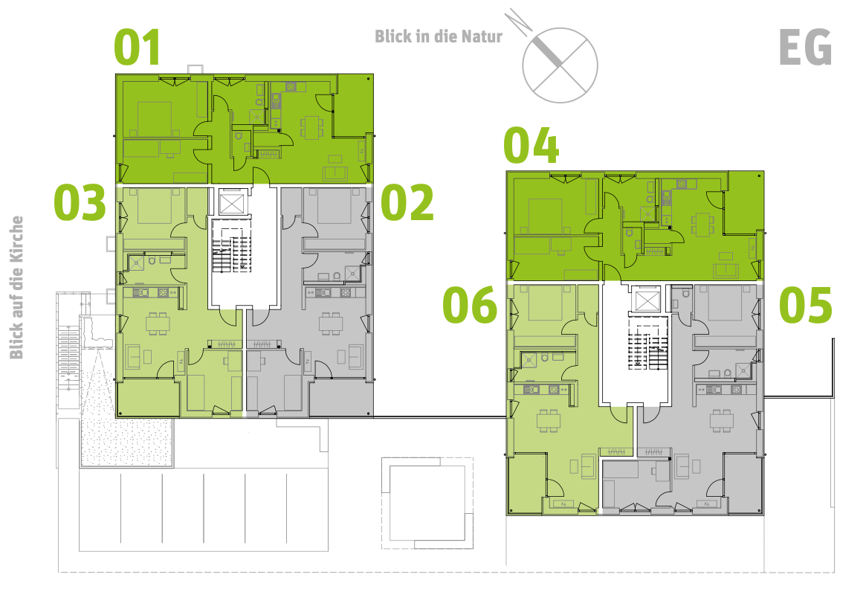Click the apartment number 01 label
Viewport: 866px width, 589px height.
pyautogui.click(x=138, y=48)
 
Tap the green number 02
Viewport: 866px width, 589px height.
pyautogui.click(x=407, y=203)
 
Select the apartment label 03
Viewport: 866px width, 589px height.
pyautogui.click(x=80, y=203)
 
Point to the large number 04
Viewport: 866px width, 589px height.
pyautogui.click(x=531, y=146)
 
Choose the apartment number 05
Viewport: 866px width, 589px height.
pyautogui.click(x=806, y=306)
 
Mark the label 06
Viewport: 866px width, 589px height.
pyautogui.click(x=470, y=306)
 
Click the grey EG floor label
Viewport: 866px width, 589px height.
pyautogui.click(x=805, y=48)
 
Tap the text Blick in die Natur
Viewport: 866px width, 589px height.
pyautogui.click(x=439, y=36)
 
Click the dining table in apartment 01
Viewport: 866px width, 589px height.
pyautogui.click(x=311, y=126)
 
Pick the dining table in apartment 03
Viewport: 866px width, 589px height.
pyautogui.click(x=156, y=323)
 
